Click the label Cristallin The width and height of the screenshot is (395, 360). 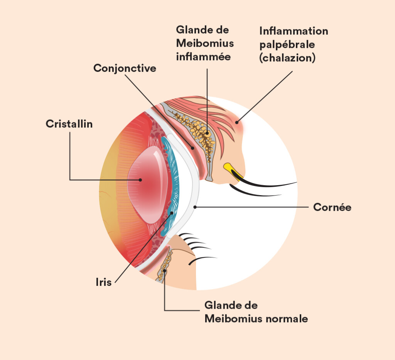69,124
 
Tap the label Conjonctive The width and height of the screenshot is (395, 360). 125,68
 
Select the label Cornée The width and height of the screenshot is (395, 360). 332,207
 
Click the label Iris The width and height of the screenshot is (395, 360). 103,282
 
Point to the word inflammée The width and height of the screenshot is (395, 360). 203,56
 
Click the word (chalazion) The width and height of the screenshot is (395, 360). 287,58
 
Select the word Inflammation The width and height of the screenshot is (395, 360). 294,31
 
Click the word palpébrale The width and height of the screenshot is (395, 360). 287,44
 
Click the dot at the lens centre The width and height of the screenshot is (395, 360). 140,179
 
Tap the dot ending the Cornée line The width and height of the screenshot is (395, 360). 195,207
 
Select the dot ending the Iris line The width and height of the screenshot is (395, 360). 171,212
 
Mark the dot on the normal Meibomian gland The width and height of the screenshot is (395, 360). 165,270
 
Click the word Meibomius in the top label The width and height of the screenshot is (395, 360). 204,43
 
